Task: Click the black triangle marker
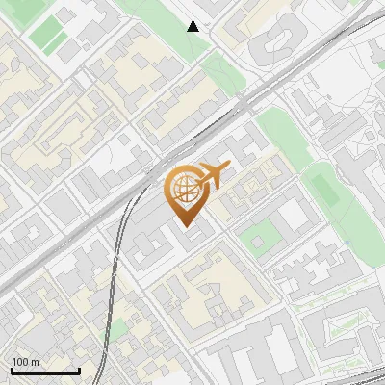coord(193,26)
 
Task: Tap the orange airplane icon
coord(213,176)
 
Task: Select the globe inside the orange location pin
coord(183,187)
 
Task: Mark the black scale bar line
coord(45,371)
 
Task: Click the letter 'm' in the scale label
coord(36,362)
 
